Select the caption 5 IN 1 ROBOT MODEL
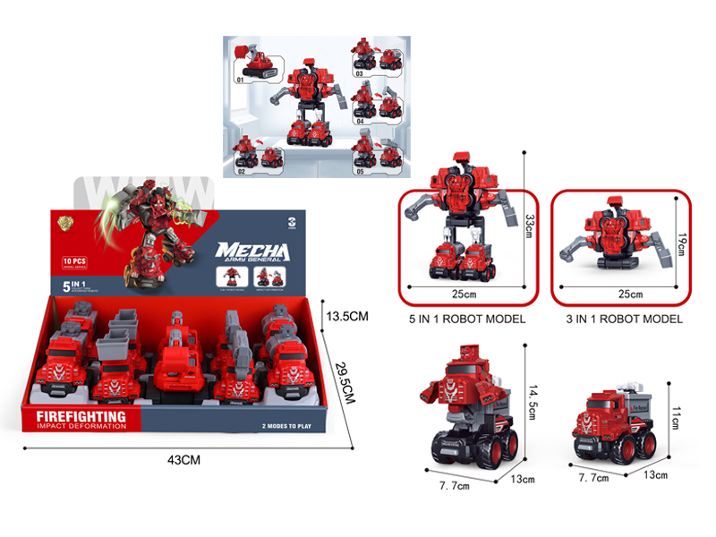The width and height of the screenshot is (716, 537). (x=466, y=319)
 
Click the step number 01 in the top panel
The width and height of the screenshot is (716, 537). (x=239, y=81)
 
